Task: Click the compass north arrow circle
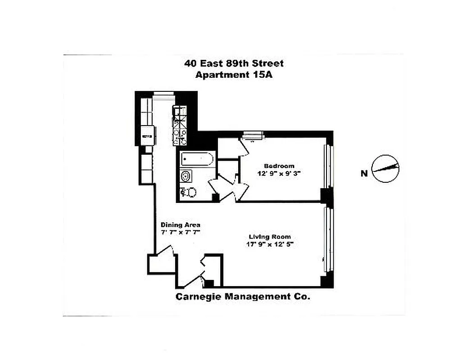[x=385, y=169]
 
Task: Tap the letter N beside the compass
[x=364, y=172]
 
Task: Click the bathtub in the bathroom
[x=197, y=159]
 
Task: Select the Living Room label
[x=270, y=237]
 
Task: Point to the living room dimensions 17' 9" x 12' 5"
[x=270, y=244]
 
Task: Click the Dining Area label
[x=180, y=225]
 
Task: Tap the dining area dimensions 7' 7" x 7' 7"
[x=180, y=232]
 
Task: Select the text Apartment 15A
[x=234, y=75]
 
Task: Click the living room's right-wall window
[x=329, y=239]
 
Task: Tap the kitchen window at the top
[x=163, y=94]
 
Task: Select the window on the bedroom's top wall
[x=252, y=133]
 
